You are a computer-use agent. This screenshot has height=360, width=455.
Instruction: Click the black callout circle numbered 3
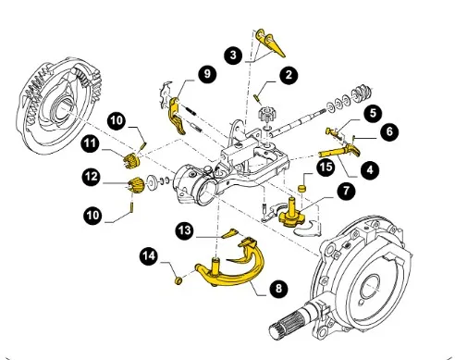click(x=233, y=56)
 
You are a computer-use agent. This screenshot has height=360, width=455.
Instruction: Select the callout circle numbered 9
click(x=207, y=74)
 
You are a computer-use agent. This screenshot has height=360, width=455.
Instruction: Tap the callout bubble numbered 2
click(x=289, y=75)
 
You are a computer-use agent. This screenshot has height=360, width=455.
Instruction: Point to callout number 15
click(x=326, y=167)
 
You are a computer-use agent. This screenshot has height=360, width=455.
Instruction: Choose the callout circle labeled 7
click(x=347, y=191)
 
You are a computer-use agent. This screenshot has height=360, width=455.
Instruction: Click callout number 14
click(x=149, y=256)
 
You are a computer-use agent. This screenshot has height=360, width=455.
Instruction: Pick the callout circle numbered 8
click(x=278, y=289)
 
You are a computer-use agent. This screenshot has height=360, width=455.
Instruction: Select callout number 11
click(x=91, y=143)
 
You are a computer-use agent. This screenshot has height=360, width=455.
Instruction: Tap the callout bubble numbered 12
click(x=92, y=177)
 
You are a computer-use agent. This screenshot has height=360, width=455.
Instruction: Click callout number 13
click(x=185, y=230)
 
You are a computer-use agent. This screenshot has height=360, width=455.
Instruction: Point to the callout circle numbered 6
click(x=389, y=131)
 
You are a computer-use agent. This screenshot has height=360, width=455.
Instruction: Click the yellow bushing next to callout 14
click(x=178, y=280)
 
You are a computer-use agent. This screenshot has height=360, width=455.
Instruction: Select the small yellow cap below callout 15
click(x=301, y=188)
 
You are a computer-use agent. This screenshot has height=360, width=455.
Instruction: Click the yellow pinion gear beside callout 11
click(x=131, y=161)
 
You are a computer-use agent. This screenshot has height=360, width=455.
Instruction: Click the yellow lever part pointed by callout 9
click(x=176, y=116)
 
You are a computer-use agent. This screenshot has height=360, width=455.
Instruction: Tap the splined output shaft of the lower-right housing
click(x=289, y=324)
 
